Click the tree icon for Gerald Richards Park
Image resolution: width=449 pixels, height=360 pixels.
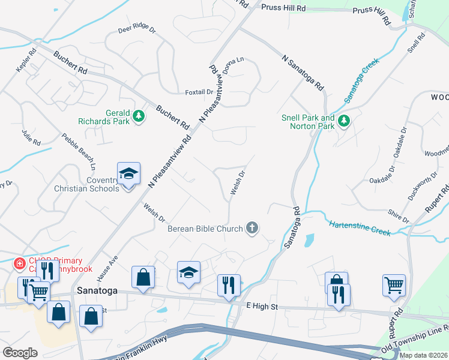click(x=139, y=115)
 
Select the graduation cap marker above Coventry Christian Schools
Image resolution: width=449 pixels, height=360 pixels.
click(x=128, y=173)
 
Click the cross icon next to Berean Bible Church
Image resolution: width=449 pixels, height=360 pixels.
click(x=253, y=228)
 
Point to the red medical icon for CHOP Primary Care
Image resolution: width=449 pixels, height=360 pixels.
click(x=19, y=263)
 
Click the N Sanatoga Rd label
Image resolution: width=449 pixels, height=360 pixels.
click(x=303, y=71)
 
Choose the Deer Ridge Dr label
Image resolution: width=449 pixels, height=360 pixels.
click(x=137, y=29)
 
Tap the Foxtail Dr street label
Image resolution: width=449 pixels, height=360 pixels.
click(x=199, y=92)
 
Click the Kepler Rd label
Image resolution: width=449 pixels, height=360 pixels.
click(x=27, y=61)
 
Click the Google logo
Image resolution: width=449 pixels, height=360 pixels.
click(x=20, y=353)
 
